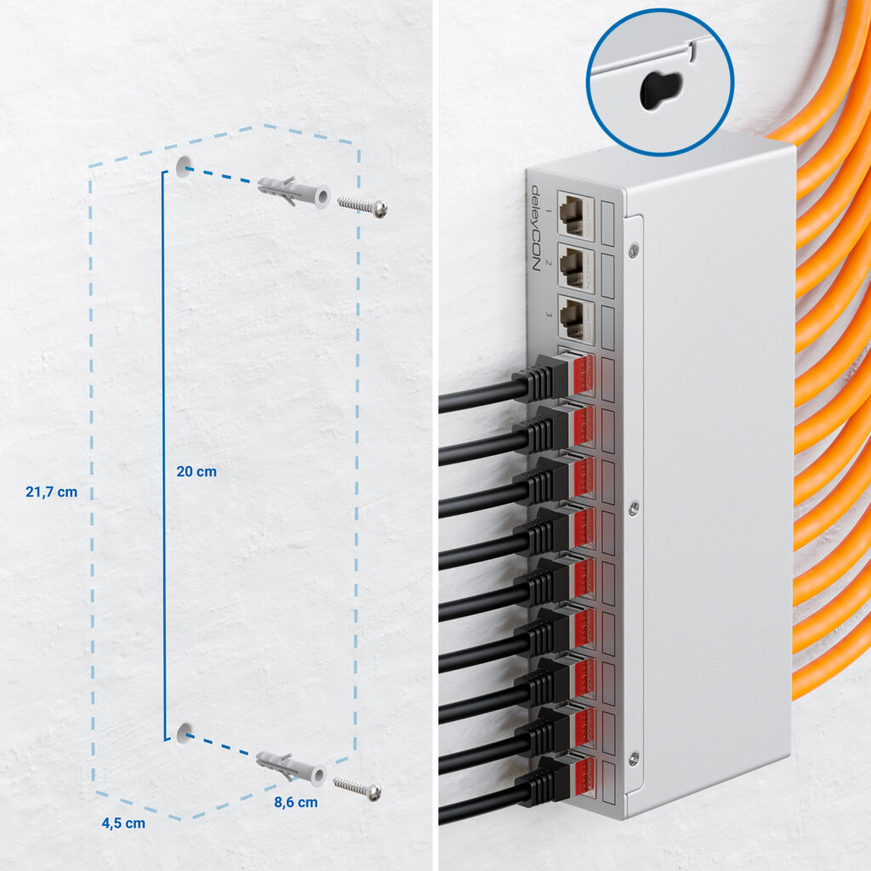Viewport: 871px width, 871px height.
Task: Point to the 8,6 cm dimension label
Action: pyautogui.click(x=296, y=801)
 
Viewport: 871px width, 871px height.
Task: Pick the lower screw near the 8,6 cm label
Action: pyautogui.click(x=357, y=788)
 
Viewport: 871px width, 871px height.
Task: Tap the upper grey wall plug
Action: pyautogui.click(x=294, y=191)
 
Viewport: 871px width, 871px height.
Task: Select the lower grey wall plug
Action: pyautogui.click(x=291, y=767)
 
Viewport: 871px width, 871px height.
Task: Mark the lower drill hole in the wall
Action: pyautogui.click(x=184, y=732)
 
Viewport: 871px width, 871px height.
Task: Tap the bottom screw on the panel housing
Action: pyautogui.click(x=633, y=756)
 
